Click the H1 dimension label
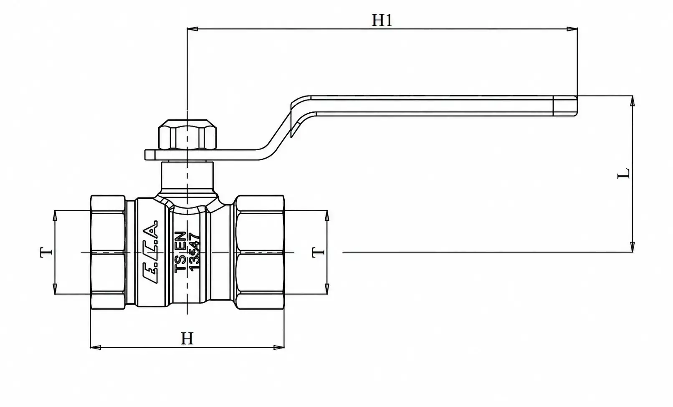click(x=382, y=20)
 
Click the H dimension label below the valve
click(x=187, y=339)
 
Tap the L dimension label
click(x=623, y=173)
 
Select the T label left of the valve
click(x=46, y=252)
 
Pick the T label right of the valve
click(x=318, y=252)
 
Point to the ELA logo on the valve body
click(x=150, y=252)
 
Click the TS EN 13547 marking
click(x=187, y=252)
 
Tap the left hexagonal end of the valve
click(x=108, y=252)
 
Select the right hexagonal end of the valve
click(x=260, y=252)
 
